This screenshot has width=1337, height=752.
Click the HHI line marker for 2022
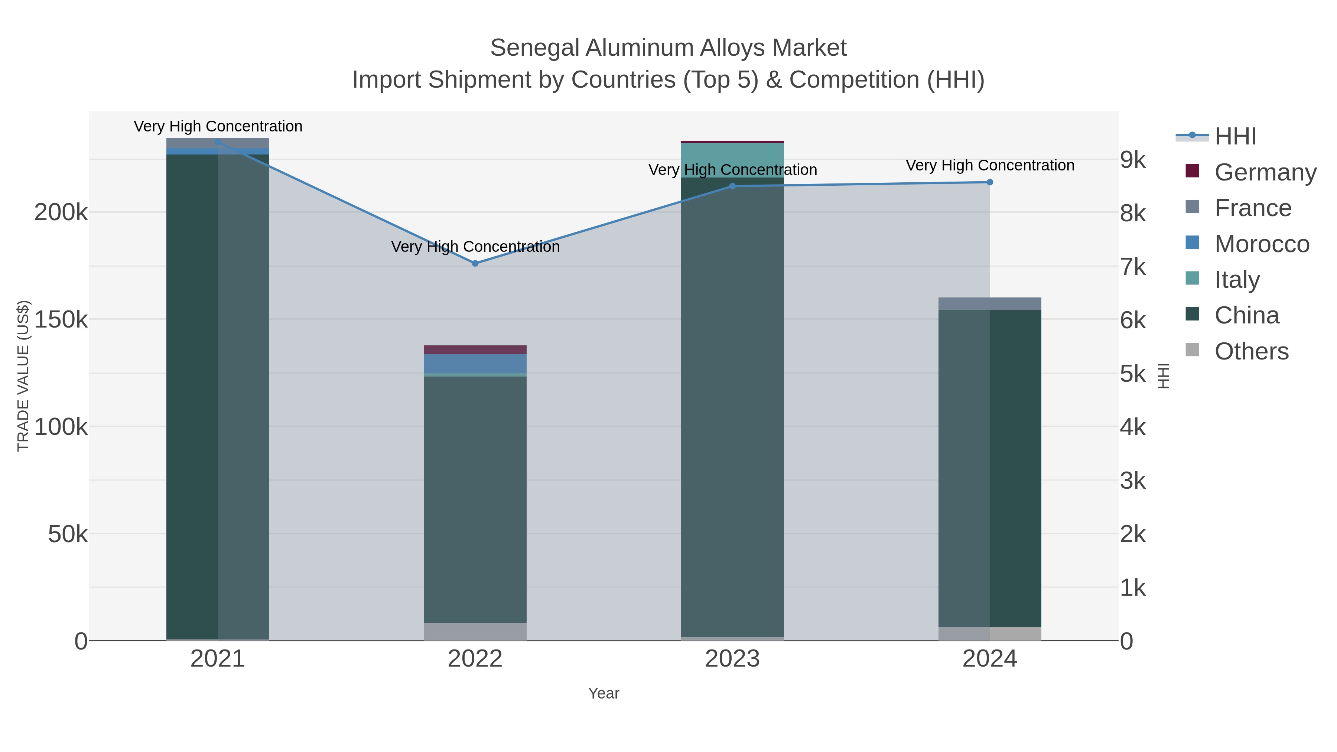(x=475, y=263)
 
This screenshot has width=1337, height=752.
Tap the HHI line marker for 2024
(x=989, y=182)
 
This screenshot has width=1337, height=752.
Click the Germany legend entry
(x=1265, y=172)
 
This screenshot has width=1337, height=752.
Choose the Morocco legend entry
(x=1261, y=244)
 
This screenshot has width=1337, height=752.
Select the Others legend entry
(x=1251, y=351)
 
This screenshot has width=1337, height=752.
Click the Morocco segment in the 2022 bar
(x=475, y=363)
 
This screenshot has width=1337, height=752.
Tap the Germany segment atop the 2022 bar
(x=475, y=350)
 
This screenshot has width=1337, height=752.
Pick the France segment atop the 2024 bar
(x=989, y=304)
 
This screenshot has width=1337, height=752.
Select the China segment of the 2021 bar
(x=218, y=394)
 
